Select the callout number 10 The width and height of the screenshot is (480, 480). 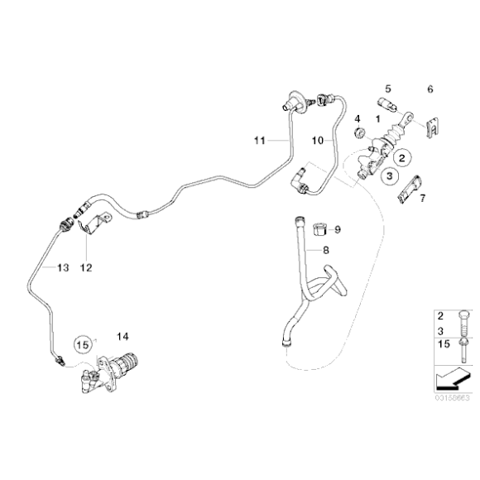316,142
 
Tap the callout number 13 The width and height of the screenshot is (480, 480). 64,268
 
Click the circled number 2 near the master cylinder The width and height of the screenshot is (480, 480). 403,156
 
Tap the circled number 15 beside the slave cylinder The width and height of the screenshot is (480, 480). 82,342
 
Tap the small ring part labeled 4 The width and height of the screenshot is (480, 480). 359,132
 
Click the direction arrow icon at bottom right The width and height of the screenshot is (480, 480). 448,382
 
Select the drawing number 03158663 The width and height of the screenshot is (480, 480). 452,399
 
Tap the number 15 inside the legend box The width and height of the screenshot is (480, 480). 441,340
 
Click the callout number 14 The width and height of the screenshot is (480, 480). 124,336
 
